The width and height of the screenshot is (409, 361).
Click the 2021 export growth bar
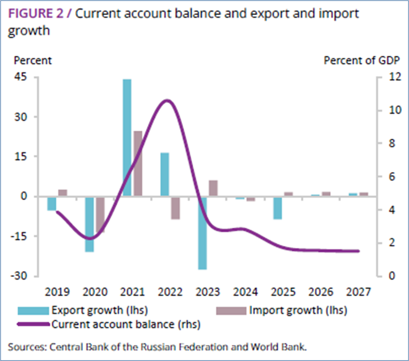[x=127, y=138]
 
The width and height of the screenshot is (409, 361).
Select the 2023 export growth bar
[x=202, y=232]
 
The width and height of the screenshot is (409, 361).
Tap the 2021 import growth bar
[x=138, y=163]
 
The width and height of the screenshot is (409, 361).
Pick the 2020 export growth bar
[x=89, y=224]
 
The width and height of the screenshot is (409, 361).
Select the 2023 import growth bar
[x=213, y=188]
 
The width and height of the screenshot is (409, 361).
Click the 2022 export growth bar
[x=164, y=175]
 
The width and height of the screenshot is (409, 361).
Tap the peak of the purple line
[x=166, y=100]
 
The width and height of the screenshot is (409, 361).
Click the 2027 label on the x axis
[x=358, y=292]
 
